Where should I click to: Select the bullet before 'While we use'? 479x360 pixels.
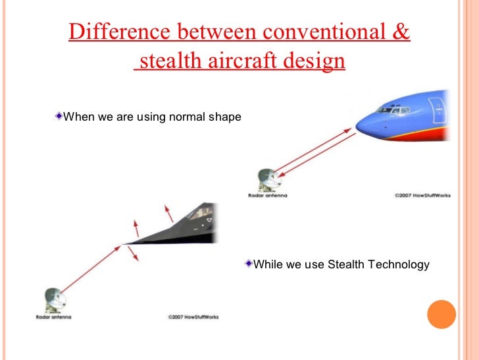pyautogui.click(x=247, y=264)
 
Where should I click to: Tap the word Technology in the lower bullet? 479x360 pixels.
pyautogui.click(x=398, y=264)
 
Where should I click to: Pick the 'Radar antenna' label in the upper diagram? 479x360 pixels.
pyautogui.click(x=268, y=196)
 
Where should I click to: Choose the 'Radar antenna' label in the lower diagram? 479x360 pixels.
pyautogui.click(x=53, y=317)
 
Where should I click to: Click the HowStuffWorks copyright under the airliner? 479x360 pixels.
pyautogui.click(x=422, y=196)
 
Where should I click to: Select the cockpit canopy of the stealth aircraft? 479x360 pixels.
pyautogui.click(x=197, y=214)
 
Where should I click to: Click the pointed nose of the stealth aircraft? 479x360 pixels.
pyautogui.click(x=126, y=245)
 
